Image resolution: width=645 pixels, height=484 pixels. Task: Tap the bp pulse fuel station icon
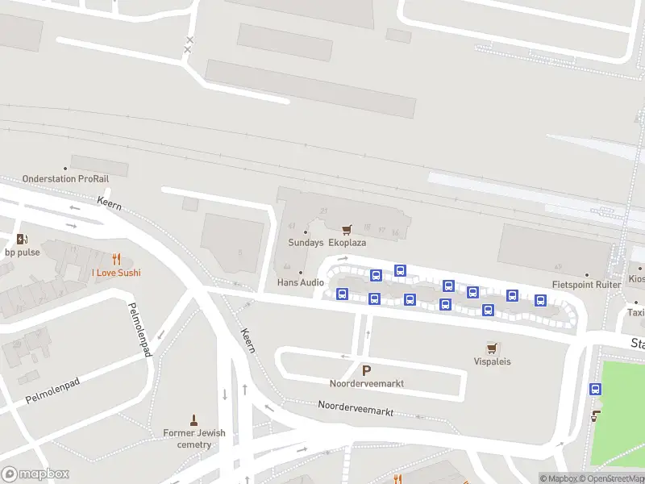click(22, 239)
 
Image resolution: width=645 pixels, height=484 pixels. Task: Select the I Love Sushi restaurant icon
click(116, 259)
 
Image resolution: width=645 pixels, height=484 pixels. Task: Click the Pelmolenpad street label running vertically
click(140, 329)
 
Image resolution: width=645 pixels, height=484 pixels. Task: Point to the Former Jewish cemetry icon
click(193, 419)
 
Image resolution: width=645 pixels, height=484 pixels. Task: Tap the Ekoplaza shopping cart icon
click(347, 230)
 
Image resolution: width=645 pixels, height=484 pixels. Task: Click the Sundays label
click(306, 242)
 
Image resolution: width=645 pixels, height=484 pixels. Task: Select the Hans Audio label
click(300, 282)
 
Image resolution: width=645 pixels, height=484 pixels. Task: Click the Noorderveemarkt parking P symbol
click(366, 370)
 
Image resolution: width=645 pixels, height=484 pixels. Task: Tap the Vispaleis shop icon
click(492, 348)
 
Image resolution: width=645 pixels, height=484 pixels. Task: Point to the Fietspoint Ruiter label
click(586, 284)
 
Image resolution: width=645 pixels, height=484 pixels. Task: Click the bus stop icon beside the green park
click(596, 389)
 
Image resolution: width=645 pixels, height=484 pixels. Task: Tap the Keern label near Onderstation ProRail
click(109, 204)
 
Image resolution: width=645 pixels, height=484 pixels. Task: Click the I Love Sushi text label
click(116, 273)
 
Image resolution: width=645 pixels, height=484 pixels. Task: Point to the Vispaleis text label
click(492, 361)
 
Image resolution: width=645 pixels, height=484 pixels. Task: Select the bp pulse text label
click(22, 252)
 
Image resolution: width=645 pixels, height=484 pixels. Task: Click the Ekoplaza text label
click(347, 242)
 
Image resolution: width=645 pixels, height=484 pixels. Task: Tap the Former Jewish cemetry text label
click(194, 439)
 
